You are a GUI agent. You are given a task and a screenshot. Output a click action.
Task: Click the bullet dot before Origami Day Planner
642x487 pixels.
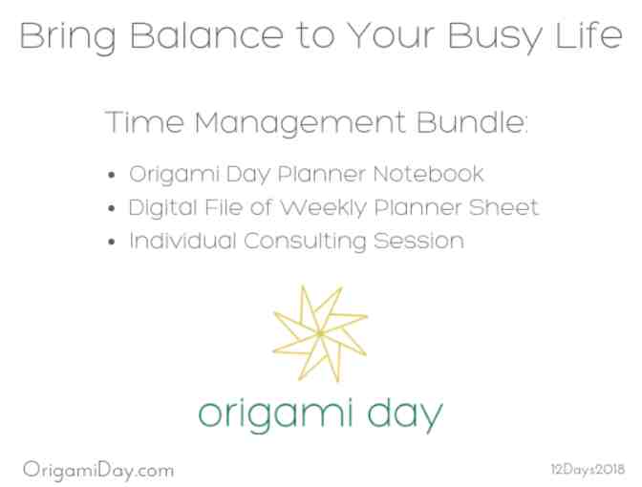click(x=116, y=177)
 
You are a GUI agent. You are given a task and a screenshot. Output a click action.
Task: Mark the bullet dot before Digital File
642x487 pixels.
click(x=116, y=208)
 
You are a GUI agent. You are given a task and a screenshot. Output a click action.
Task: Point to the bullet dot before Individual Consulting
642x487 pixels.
click(x=116, y=241)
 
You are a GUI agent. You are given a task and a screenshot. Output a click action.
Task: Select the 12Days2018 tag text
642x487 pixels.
click(x=586, y=469)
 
